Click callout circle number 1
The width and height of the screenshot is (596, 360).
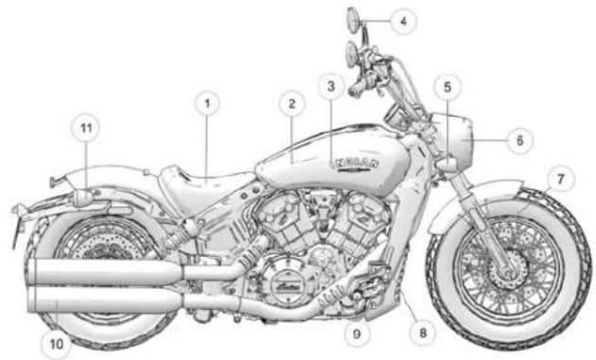(208, 103)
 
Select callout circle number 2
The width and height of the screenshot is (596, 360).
(292, 103)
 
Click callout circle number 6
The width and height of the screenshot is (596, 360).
(517, 139)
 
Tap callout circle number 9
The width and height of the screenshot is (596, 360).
(359, 332)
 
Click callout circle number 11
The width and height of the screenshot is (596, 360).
(87, 127)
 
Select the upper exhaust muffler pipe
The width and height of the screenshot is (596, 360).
(104, 272)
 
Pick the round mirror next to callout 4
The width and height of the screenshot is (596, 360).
(351, 18)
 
